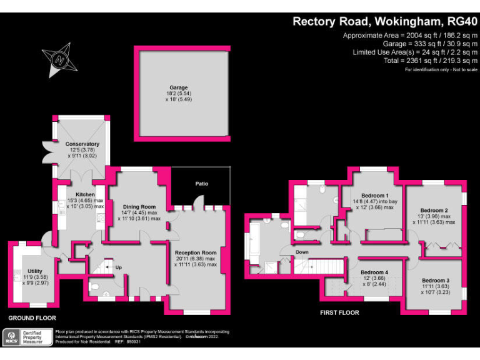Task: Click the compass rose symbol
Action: [x=59, y=60]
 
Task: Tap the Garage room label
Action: [x=178, y=87]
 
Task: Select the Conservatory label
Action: [x=82, y=144]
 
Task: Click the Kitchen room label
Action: [x=86, y=194]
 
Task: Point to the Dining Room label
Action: [x=139, y=207]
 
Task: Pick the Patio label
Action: [x=201, y=184]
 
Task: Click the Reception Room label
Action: [x=195, y=252]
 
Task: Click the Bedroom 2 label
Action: [x=434, y=210]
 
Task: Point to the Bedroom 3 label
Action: [x=435, y=280]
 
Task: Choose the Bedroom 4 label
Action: [x=374, y=272]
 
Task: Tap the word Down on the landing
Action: [x=302, y=252]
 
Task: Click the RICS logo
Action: [x=11, y=337]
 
